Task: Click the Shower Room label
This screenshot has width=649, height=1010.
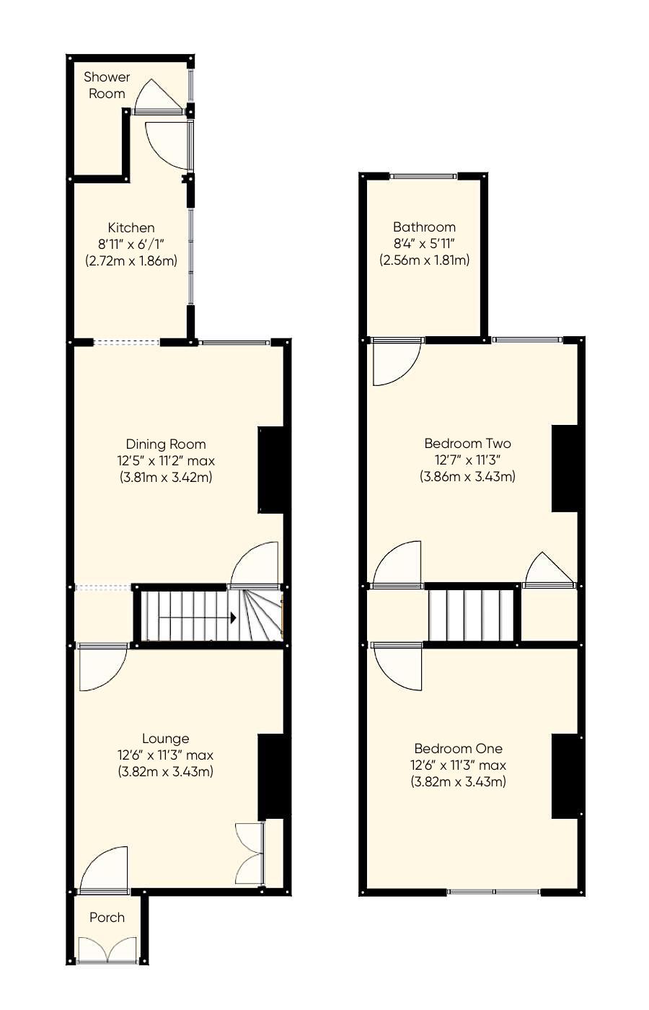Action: coord(107,85)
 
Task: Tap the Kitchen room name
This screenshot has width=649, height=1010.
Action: coord(131,227)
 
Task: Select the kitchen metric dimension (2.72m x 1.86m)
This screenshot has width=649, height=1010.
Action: coord(131,260)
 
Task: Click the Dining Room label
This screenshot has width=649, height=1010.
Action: coord(165,444)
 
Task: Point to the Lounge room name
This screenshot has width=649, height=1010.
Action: coord(165,738)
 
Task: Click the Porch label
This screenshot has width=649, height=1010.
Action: coord(107,917)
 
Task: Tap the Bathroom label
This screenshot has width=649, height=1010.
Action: coord(424,227)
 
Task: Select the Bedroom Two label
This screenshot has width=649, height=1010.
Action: coord(467,443)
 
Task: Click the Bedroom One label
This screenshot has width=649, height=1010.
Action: coord(458,748)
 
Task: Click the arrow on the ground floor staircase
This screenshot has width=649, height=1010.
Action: coord(232,618)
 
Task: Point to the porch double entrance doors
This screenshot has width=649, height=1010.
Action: coord(107,950)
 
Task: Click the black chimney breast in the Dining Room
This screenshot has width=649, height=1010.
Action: coord(271,470)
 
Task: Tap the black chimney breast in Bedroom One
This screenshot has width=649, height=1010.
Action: coord(565,776)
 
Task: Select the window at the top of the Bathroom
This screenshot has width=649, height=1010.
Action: coord(423,175)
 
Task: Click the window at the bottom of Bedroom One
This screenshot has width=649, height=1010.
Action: coord(493,892)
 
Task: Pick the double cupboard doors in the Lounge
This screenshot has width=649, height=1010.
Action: coord(249,853)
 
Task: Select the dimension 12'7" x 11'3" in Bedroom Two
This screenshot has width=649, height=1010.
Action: coord(467,460)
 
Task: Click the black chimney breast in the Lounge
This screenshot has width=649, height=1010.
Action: coord(271,776)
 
